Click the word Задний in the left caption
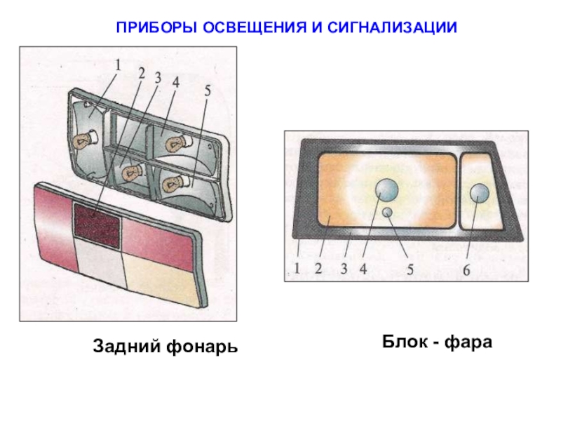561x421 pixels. point(126,346)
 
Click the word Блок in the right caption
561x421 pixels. point(405,342)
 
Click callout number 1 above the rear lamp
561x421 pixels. point(119,65)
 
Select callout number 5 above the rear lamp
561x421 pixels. point(207,89)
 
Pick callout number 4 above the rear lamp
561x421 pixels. point(175,81)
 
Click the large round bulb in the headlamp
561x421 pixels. point(387,189)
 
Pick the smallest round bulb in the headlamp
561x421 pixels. point(387,212)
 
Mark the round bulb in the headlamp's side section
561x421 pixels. point(479,193)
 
